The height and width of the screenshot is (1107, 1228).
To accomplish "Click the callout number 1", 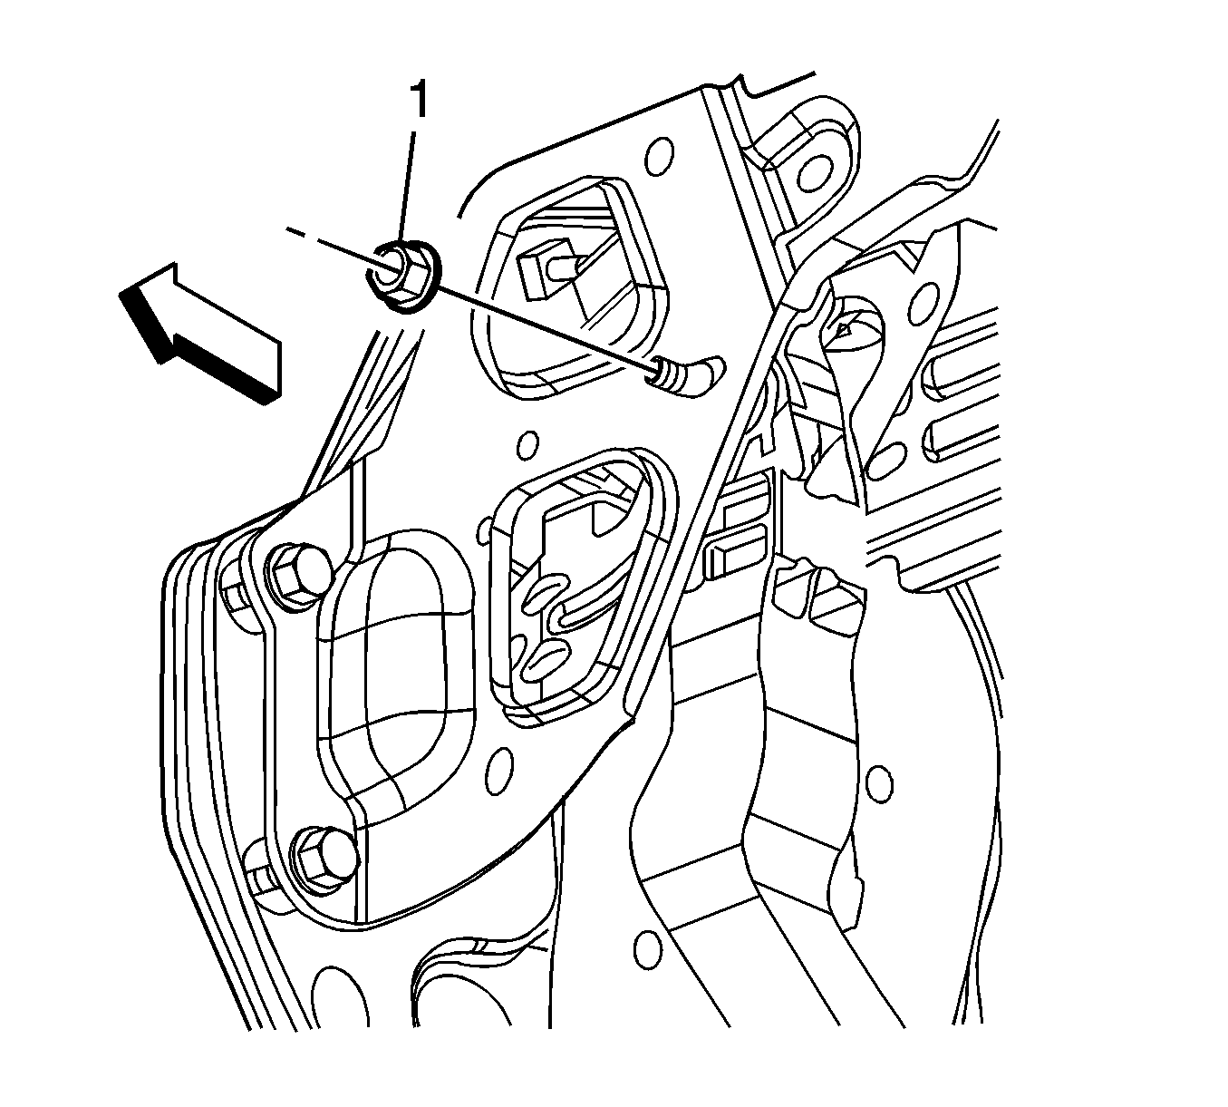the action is [419, 101].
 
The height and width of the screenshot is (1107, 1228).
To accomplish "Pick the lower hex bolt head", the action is [322, 856].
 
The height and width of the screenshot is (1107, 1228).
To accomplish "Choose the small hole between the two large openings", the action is [527, 445].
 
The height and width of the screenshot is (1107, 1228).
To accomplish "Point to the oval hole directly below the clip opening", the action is [499, 771].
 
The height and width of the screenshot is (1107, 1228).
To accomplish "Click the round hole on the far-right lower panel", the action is [879, 783].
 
